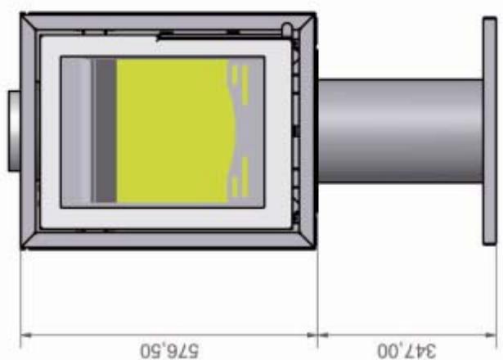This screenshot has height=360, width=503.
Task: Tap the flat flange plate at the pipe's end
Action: pyautogui.click(x=489, y=130)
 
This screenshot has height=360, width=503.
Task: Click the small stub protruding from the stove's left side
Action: pyautogui.click(x=14, y=130)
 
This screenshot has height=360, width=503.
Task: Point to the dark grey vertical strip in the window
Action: pyautogui.click(x=105, y=130)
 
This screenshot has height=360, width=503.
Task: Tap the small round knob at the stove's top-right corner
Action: pyautogui.click(x=286, y=30)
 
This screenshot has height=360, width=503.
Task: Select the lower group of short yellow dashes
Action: pyautogui.click(x=240, y=182)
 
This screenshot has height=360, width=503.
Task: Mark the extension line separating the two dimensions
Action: pyautogui.click(x=317, y=295)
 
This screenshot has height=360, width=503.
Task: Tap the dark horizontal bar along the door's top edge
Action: pyautogui.click(x=196, y=34)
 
